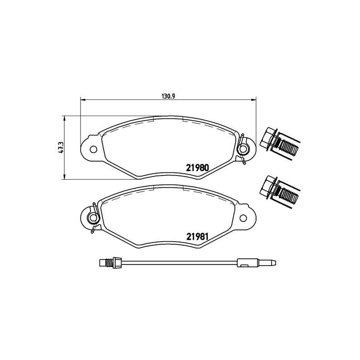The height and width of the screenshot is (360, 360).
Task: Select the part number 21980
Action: (x=197, y=167)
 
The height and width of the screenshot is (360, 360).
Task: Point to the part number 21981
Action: (x=197, y=235)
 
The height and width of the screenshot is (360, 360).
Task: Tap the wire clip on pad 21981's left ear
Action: (x=92, y=217)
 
